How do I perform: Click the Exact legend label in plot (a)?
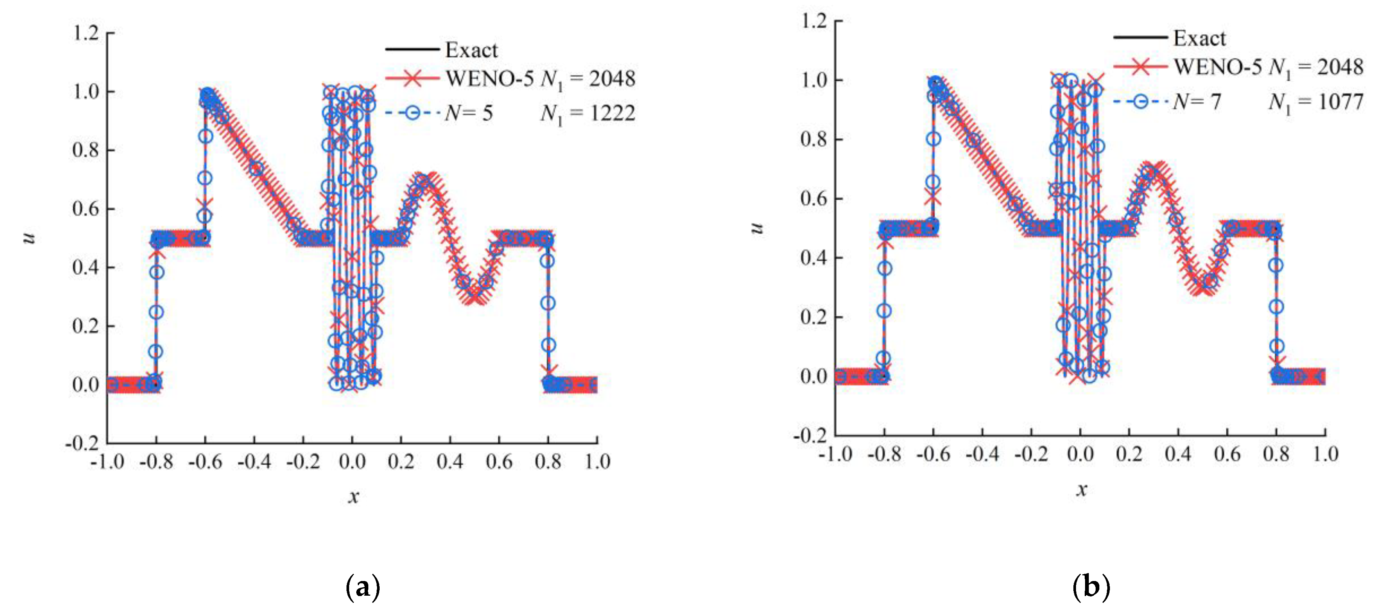pyautogui.click(x=471, y=50)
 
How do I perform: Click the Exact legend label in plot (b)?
pyautogui.click(x=1199, y=38)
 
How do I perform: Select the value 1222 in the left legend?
pyautogui.click(x=612, y=113)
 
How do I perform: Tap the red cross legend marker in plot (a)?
pyautogui.click(x=412, y=79)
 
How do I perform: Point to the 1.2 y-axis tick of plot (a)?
pyautogui.click(x=86, y=33)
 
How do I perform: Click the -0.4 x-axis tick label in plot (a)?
pyautogui.click(x=254, y=462)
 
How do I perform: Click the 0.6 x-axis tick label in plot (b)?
pyautogui.click(x=1227, y=454)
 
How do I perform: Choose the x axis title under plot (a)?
pyautogui.click(x=353, y=496)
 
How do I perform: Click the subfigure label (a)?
pyautogui.click(x=362, y=587)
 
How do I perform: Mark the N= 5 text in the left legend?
pyautogui.click(x=469, y=113)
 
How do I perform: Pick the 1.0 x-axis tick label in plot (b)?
pyautogui.click(x=1325, y=454)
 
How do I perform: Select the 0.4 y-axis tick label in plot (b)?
pyautogui.click(x=814, y=258)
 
